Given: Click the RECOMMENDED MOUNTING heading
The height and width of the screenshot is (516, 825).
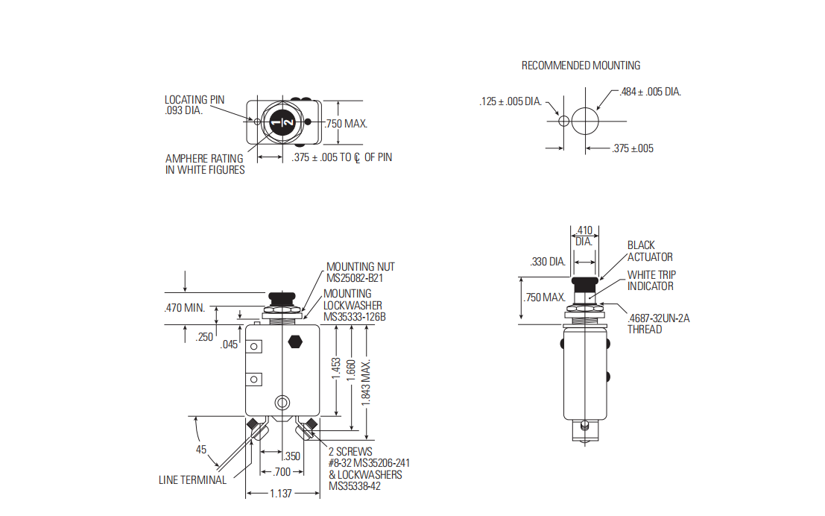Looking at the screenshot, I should (581, 66).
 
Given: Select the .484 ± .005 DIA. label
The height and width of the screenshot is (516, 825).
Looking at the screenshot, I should (651, 92).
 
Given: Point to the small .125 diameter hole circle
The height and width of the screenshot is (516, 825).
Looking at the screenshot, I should (563, 121).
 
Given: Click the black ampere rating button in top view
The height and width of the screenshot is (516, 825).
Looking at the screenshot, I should (283, 122).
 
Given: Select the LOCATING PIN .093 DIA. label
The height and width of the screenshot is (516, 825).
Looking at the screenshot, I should (194, 105).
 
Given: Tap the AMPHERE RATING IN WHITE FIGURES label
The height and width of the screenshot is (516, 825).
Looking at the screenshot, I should (205, 164).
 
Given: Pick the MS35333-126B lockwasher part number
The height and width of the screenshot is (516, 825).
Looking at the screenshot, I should (355, 317).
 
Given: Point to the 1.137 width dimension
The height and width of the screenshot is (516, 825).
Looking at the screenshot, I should (280, 494).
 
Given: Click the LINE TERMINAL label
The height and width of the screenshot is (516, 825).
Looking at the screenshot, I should (192, 480).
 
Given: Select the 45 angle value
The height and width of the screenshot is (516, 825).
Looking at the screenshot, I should (201, 450).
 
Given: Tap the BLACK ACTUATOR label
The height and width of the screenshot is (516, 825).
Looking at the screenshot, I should (650, 251).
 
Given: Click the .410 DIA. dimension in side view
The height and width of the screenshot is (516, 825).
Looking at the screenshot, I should (584, 236).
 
